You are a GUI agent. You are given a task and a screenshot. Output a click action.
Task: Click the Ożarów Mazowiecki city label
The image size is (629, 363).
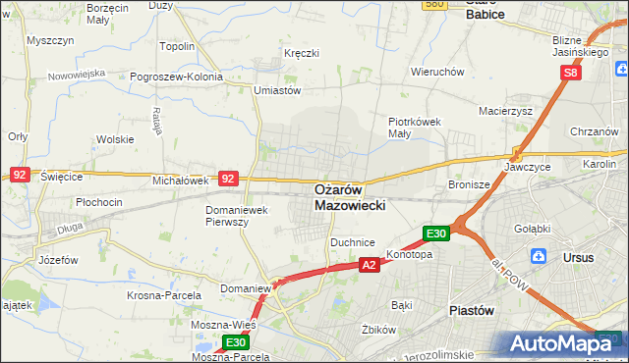pos(351,197)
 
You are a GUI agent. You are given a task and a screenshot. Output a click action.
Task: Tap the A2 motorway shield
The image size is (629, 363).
pos(369,265)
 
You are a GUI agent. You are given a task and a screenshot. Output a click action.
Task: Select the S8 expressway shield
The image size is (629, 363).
pos(573,73)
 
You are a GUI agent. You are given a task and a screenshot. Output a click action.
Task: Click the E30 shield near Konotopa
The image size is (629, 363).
pos(436,233)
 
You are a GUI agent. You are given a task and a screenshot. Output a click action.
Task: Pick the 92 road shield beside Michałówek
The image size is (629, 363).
pos(228,179)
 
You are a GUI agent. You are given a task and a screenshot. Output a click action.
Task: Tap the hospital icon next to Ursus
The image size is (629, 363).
pos(538,257)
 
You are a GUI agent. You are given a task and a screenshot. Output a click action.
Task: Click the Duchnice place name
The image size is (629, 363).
pos(353,240)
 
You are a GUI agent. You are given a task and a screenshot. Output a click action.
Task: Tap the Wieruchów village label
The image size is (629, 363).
pos(437,72)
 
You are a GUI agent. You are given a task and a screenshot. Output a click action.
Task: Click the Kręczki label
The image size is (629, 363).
pos(302,52)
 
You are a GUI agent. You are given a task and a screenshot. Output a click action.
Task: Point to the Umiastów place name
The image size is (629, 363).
pos(276,89)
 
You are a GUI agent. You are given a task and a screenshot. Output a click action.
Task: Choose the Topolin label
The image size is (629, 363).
pos(177,46)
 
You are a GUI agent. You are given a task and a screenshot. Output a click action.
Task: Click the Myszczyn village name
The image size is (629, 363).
pos(52,41)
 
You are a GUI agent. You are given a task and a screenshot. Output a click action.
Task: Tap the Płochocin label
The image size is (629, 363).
pos(98,202)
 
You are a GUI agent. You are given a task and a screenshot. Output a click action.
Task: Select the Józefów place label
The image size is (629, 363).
pos(57,261)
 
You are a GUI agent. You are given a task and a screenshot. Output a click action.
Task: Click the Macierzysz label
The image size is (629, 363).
pos(505,111)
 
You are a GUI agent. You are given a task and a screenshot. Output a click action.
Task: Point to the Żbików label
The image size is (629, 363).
pos(377,330)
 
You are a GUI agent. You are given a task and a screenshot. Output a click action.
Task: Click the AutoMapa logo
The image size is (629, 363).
pos(562,343)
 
